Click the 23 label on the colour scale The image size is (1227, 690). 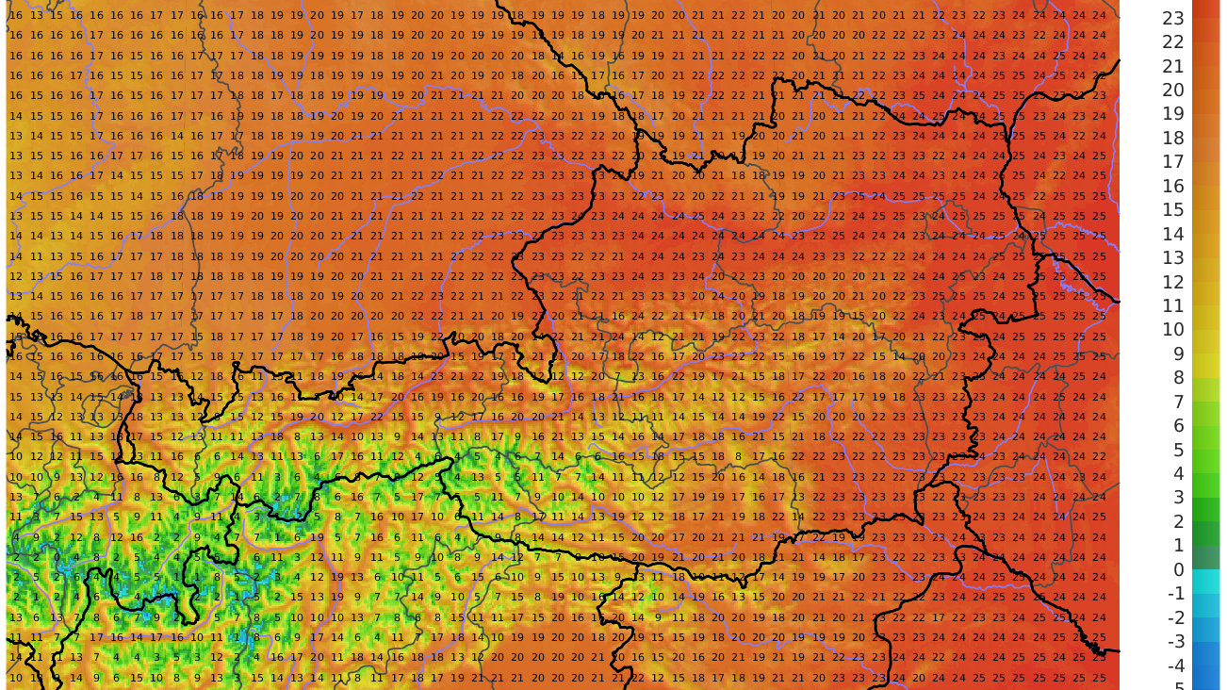1173,18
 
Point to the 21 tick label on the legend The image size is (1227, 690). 1173,66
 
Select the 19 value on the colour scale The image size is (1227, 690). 1173,114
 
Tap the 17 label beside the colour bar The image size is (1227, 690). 1173,162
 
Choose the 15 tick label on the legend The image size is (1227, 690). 1173,209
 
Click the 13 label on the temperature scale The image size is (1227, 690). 1173,257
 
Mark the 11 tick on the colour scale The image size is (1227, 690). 1173,305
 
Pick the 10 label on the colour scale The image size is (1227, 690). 1173,329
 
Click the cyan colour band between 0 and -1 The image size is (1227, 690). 1205,582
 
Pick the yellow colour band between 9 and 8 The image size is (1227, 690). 1205,366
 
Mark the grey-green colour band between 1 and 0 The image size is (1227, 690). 1205,558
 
